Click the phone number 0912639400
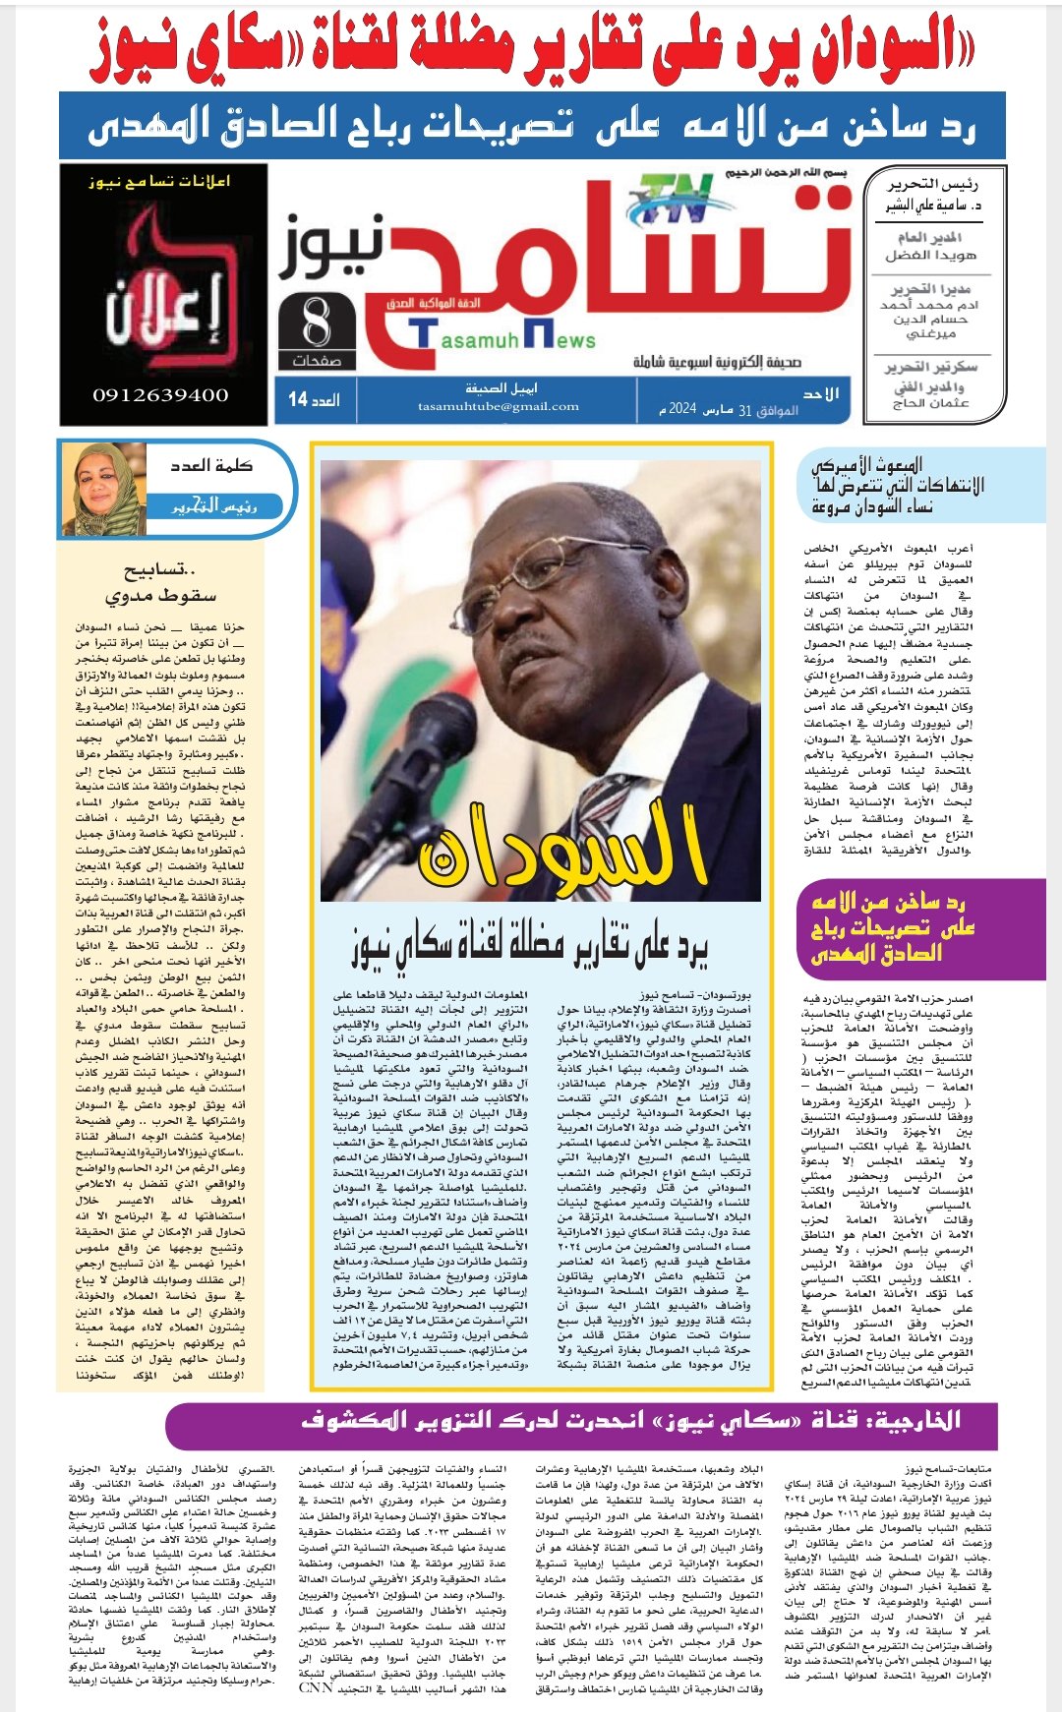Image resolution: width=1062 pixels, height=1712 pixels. coord(160,395)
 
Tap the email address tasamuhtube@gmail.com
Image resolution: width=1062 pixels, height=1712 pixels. coord(498,406)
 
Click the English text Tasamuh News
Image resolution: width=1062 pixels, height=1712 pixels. coord(505,338)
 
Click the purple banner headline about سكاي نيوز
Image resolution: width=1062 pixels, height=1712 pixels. coord(629,1421)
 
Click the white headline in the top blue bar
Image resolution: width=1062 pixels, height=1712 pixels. coord(531,126)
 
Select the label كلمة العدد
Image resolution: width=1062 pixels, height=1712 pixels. coord(210,465)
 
